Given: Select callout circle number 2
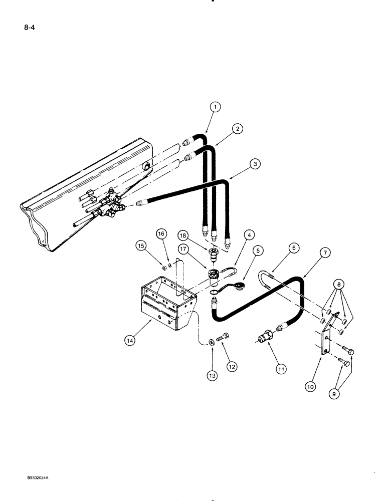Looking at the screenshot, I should click(238, 129).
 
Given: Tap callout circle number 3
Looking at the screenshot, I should click(256, 163).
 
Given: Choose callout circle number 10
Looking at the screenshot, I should click(311, 386).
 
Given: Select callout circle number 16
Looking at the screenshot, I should click(161, 233).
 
